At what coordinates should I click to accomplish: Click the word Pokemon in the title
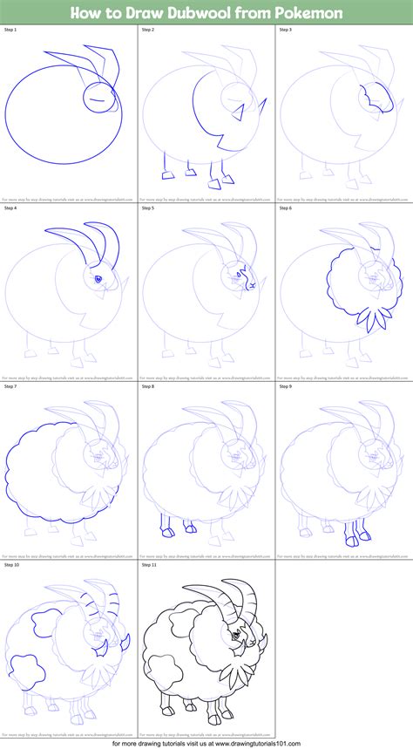pyautogui.click(x=311, y=13)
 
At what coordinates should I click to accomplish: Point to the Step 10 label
pyautogui.click(x=13, y=565)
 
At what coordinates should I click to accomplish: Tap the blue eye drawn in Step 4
pyautogui.click(x=98, y=279)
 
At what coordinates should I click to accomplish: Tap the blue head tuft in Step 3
pyautogui.click(x=373, y=97)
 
